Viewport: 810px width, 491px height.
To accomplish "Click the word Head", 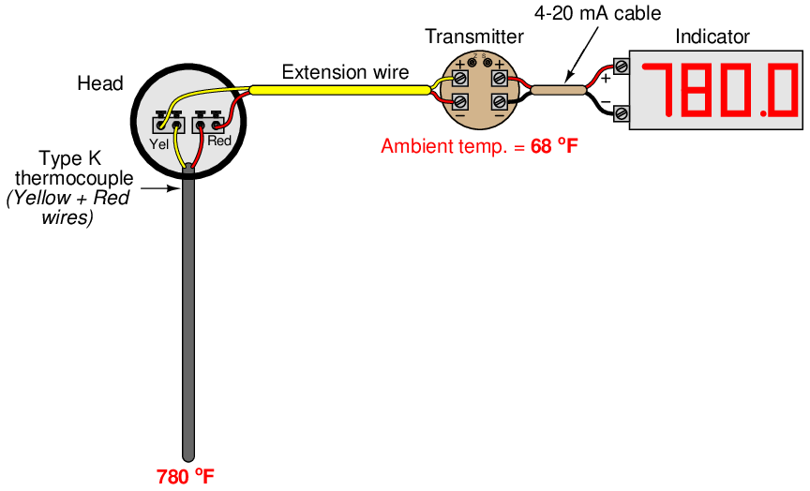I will [x=99, y=83].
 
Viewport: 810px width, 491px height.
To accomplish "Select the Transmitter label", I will [x=473, y=37].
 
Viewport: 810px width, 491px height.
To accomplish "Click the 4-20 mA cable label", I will [x=597, y=13].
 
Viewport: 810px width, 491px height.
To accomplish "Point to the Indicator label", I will [x=712, y=37].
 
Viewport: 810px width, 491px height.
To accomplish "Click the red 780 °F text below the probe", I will [x=186, y=475].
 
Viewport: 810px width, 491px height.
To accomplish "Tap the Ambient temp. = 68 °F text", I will [x=479, y=146].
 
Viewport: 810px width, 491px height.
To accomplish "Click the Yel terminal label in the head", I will [x=159, y=142].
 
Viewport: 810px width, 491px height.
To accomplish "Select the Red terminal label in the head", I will [x=218, y=141].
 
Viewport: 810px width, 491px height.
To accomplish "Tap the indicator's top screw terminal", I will [x=621, y=67].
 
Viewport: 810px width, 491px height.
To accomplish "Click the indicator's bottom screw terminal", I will [x=621, y=113].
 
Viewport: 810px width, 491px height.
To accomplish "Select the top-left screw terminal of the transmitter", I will [x=460, y=77].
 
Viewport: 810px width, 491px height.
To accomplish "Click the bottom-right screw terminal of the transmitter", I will [x=500, y=100].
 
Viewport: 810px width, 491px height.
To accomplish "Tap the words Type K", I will [x=69, y=158].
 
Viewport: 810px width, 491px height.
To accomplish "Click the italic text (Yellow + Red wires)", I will [x=67, y=208].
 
